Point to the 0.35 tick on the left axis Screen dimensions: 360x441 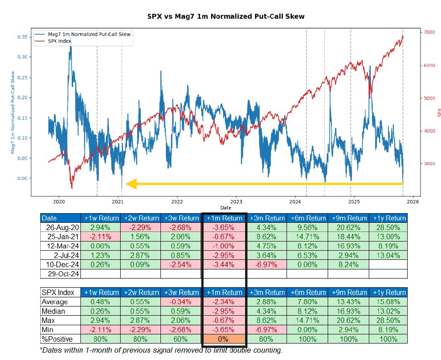click(22, 37)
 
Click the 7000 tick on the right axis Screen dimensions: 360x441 click(430, 32)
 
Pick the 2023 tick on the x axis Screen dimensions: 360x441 click(236, 201)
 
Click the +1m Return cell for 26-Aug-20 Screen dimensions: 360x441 click(224, 227)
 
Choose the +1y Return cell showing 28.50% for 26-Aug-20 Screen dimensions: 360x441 click(388, 227)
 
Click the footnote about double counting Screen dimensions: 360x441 click(161, 350)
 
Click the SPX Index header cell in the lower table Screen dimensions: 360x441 click(60, 293)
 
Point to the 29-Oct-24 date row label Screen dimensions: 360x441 click(61, 274)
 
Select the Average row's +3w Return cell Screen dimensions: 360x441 click(181, 302)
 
